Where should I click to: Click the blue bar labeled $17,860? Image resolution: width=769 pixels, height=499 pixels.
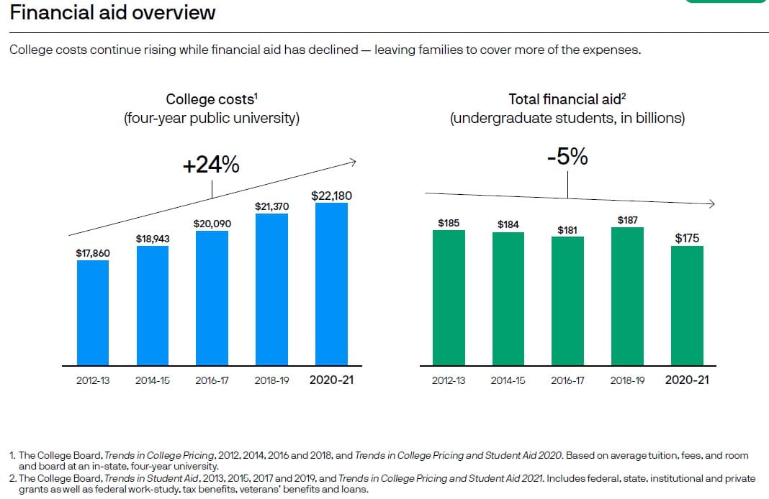[93, 313]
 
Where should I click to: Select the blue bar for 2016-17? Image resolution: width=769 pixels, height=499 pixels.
[212, 298]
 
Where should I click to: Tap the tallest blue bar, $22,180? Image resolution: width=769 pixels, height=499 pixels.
[331, 284]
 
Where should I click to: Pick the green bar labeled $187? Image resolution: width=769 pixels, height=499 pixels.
[627, 296]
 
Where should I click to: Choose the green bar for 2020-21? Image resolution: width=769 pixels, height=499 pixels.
[687, 306]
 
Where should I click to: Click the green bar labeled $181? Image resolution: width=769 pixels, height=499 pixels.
[567, 301]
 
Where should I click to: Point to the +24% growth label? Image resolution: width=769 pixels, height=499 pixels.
[211, 165]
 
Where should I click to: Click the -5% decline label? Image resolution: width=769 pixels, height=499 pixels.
[567, 157]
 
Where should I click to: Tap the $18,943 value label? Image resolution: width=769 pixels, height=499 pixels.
[153, 239]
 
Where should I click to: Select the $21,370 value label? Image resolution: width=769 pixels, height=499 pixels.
[271, 206]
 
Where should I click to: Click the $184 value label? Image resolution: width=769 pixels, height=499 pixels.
[508, 224]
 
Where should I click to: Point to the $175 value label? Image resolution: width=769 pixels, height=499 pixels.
[687, 238]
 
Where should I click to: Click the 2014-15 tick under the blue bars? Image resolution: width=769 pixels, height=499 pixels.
[153, 380]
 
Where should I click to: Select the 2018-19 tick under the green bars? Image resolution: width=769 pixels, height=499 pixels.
[627, 380]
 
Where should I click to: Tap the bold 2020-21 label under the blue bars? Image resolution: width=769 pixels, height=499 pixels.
[331, 380]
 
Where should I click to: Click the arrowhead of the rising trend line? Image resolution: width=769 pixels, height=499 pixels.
[354, 162]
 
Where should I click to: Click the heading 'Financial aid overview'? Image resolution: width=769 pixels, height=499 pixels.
[112, 12]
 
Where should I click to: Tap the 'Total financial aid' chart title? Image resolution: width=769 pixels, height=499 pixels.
[567, 99]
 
